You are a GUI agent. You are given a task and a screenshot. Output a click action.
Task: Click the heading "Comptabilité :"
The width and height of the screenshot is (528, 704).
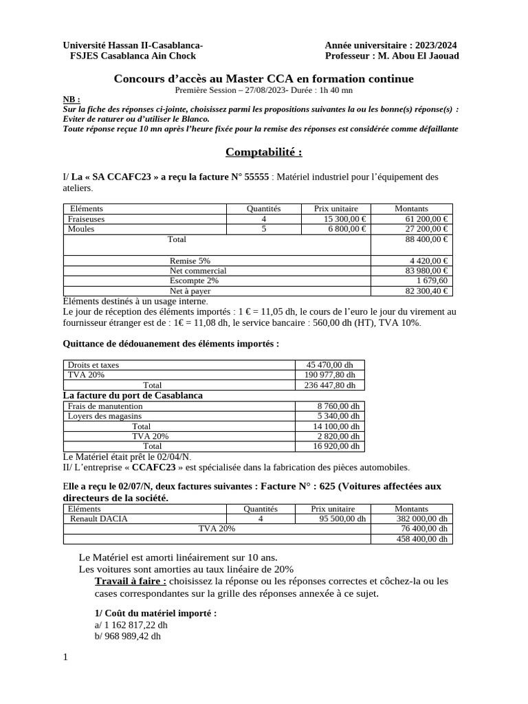[x=264, y=151]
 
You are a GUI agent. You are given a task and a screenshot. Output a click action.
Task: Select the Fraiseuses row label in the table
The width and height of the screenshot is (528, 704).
[x=87, y=219]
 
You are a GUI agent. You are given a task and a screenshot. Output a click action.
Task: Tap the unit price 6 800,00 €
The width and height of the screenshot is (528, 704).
[x=344, y=229]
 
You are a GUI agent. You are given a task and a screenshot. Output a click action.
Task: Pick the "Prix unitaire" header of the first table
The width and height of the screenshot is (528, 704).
[x=333, y=208]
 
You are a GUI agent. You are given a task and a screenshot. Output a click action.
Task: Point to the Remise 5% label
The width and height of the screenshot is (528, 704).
[x=190, y=261]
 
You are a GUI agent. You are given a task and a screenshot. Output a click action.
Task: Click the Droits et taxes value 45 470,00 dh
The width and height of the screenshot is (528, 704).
[x=330, y=365]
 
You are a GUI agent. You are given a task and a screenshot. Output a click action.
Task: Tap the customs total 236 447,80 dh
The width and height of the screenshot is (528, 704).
[x=330, y=386]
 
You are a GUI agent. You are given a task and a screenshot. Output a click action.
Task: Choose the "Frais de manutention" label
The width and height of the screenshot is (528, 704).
[x=105, y=406]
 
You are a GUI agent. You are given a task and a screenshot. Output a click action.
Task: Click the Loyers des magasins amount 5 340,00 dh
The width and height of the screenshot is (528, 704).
[x=338, y=416]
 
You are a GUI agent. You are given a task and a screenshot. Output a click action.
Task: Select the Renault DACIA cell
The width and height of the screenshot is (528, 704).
[x=98, y=519]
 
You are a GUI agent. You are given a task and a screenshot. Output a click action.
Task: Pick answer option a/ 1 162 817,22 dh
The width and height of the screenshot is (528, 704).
[x=131, y=625]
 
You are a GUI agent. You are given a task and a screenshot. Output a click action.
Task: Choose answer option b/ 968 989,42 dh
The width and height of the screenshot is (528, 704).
[x=128, y=636]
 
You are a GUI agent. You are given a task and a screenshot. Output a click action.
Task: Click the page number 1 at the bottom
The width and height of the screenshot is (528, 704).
[x=65, y=658]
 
